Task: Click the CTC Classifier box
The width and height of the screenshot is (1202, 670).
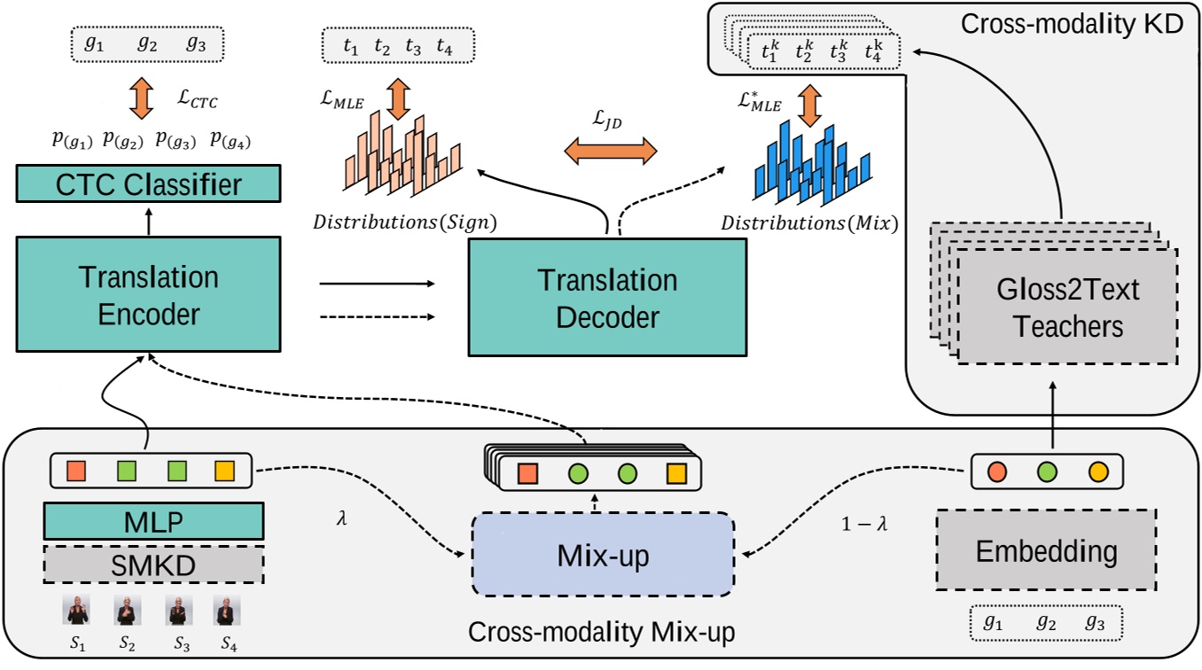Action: click(x=148, y=185)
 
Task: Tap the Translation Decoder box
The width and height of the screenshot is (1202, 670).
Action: click(x=607, y=298)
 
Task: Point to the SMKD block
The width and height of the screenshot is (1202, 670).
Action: click(x=153, y=564)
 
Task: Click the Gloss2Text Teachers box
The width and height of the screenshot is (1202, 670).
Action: click(x=1067, y=307)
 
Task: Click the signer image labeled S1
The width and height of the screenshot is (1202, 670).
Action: click(x=76, y=612)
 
